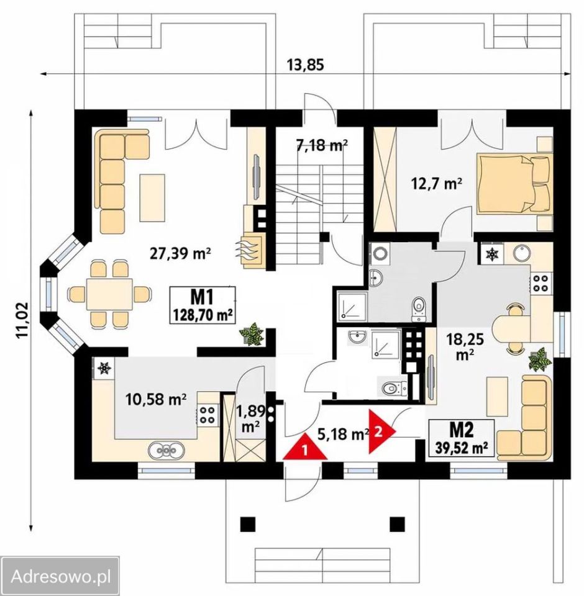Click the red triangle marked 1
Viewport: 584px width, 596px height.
(x=305, y=448)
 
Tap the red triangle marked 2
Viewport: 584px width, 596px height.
(x=380, y=431)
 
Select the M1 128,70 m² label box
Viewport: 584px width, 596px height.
(x=203, y=305)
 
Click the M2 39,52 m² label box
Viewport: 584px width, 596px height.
(x=462, y=438)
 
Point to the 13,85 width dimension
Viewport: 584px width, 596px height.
(x=305, y=65)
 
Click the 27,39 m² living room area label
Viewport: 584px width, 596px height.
(x=180, y=253)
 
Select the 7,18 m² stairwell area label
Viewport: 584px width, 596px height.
(x=322, y=145)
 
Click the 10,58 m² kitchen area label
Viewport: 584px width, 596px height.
(x=156, y=399)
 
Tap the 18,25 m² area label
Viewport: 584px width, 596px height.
(x=465, y=346)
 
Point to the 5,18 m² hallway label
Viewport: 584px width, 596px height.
(x=343, y=434)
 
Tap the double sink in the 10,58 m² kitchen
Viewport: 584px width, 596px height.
(x=167, y=450)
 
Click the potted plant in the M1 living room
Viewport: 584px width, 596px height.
(x=252, y=334)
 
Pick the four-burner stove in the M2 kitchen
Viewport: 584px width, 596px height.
(x=539, y=283)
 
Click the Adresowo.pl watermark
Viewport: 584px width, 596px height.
(x=61, y=577)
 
